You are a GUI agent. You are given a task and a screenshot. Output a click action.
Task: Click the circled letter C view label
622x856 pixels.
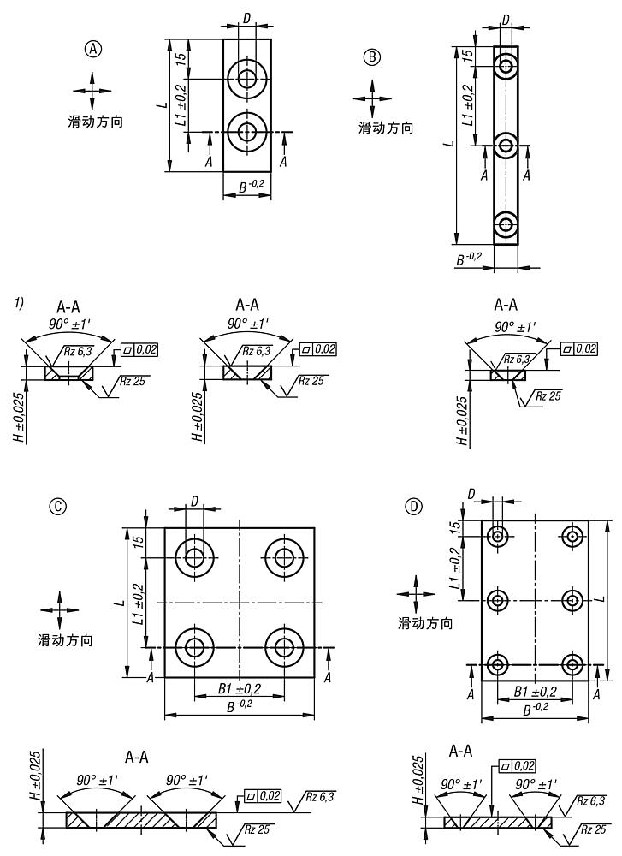click(59, 506)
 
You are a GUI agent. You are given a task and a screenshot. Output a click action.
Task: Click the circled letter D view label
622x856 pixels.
click(414, 506)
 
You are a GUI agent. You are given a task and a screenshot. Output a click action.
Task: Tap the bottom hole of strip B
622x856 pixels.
click(506, 225)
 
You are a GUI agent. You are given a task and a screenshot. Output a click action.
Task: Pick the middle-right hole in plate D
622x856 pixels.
click(572, 599)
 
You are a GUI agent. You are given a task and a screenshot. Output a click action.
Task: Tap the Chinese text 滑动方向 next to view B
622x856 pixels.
click(386, 128)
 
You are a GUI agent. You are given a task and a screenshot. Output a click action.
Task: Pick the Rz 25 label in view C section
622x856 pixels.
click(259, 829)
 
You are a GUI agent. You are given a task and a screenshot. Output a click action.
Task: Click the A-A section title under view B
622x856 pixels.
click(506, 304)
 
